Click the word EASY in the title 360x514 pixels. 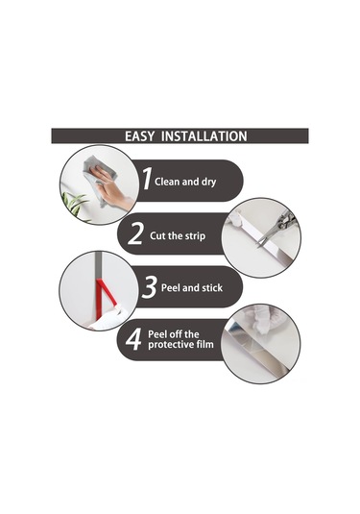click(139, 136)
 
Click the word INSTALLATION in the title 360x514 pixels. click(204, 136)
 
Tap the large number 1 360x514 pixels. click(147, 179)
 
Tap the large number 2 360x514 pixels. click(135, 233)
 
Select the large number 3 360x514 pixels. click(150, 287)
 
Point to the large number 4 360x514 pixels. click(133, 339)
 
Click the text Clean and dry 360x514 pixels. click(185, 182)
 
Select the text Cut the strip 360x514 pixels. click(178, 236)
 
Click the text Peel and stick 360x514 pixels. click(192, 288)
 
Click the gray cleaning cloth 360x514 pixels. click(99, 179)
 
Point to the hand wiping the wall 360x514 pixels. click(113, 189)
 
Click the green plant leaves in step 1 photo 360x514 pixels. click(75, 206)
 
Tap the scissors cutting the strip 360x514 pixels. click(276, 229)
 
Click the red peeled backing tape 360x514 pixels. click(105, 298)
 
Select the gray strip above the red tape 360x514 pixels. click(99, 265)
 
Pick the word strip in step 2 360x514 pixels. click(195, 236)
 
